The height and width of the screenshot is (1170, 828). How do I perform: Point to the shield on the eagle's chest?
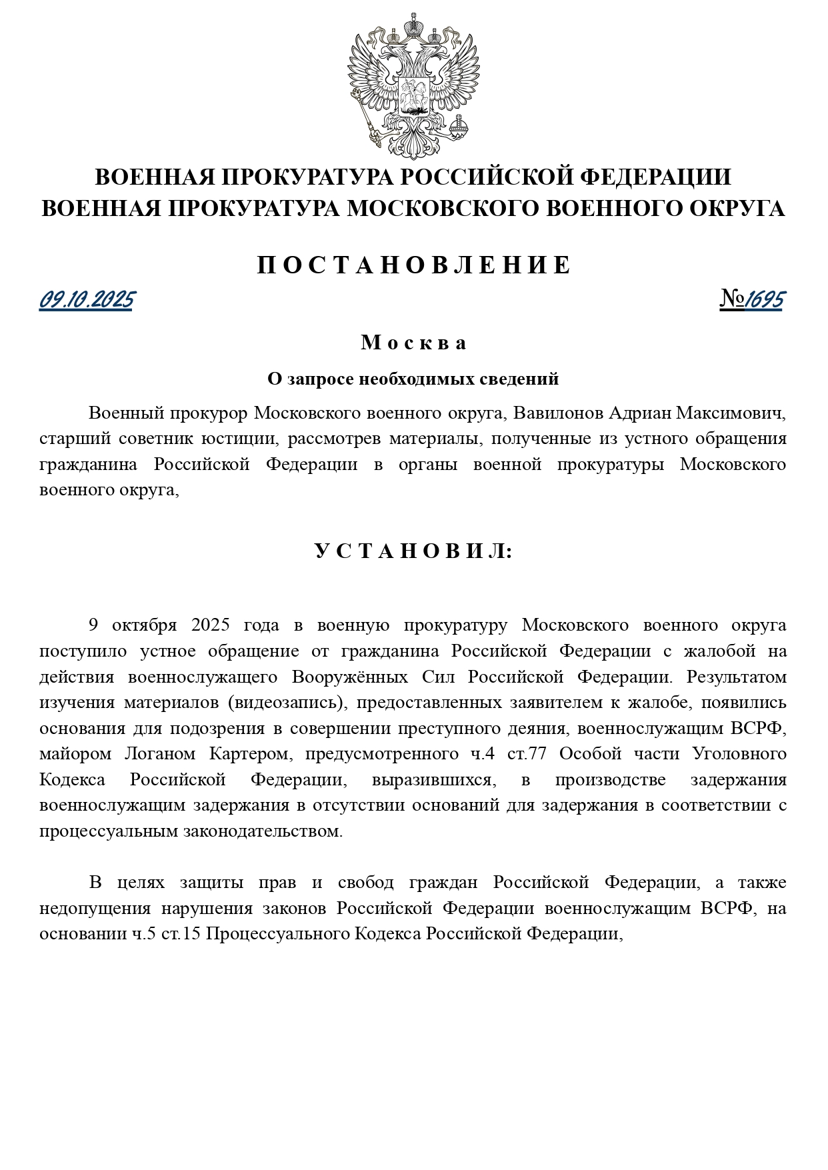(413, 94)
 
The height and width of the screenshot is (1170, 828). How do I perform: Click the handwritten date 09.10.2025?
(86, 300)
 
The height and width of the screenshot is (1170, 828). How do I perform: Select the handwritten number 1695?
(764, 300)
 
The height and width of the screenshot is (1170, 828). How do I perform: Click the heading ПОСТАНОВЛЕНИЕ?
(414, 265)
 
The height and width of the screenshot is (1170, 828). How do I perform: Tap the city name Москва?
(413, 343)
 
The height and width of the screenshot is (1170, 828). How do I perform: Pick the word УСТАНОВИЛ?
(413, 551)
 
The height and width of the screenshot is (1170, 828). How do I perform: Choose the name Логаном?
(159, 754)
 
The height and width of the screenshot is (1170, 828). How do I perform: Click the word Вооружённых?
(350, 677)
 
